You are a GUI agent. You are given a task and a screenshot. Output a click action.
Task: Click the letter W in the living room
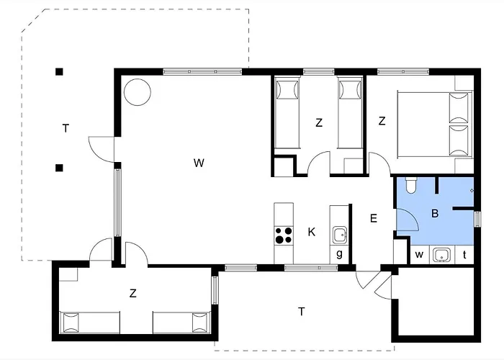coord(199,163)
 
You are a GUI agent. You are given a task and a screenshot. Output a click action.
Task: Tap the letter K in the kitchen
coord(312,232)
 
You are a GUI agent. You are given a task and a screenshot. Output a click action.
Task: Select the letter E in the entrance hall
coord(373,219)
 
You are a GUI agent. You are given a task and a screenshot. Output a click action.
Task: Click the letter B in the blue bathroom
coord(435,213)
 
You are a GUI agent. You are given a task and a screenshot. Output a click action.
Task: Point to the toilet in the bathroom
coord(410,185)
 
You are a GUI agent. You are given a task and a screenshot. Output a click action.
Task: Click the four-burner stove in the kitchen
coord(284,235)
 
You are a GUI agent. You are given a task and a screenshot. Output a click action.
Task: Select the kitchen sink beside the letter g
coord(339,235)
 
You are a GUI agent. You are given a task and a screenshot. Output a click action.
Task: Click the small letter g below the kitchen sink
coord(339,254)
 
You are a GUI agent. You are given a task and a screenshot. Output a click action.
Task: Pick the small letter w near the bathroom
coord(419,255)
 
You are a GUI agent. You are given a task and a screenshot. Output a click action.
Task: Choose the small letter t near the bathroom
coord(464,255)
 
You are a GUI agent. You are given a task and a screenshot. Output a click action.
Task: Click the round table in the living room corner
coord(138,92)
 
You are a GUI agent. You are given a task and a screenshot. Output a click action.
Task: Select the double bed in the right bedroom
coord(435,125)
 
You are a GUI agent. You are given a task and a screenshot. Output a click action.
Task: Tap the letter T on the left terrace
coord(66,129)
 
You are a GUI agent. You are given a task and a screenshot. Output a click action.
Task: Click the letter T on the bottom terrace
coord(301,312)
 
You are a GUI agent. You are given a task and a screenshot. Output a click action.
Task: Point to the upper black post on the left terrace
coord(59,72)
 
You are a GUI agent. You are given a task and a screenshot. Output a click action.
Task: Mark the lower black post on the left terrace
coord(59,168)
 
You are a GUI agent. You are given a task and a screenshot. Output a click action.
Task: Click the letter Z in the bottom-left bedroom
coord(132,293)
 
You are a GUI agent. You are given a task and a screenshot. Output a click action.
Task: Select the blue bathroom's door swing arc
coord(412,216)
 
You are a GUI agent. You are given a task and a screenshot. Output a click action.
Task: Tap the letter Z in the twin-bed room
coord(319,123)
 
